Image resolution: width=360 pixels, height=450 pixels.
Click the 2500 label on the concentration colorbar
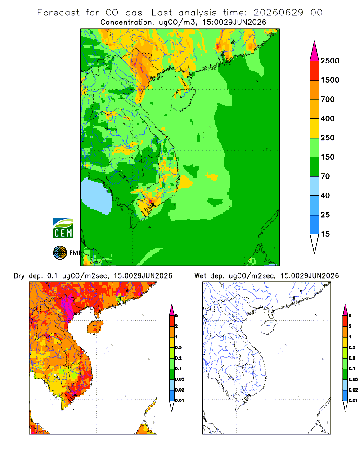[330, 61]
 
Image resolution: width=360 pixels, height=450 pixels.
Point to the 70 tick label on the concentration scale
[325, 176]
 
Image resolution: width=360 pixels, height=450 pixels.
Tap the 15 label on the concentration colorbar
[325, 234]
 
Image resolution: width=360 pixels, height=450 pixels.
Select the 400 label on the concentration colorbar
[328, 118]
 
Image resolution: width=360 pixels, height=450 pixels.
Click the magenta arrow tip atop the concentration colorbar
[315, 51]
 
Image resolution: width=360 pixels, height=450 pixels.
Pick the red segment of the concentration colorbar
[315, 71]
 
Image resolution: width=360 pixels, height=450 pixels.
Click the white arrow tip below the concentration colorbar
[315, 243]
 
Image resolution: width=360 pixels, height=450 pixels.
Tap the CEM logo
[63, 229]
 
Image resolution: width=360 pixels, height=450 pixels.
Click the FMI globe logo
[60, 253]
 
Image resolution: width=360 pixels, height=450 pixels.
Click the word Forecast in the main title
[58, 13]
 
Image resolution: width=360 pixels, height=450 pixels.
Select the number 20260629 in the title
[278, 13]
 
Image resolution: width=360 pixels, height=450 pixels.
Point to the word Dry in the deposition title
[19, 276]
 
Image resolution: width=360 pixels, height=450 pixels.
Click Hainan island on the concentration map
[183, 99]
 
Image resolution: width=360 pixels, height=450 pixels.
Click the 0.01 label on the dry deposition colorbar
[180, 400]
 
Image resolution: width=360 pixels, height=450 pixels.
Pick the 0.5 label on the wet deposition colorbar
[352, 347]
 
